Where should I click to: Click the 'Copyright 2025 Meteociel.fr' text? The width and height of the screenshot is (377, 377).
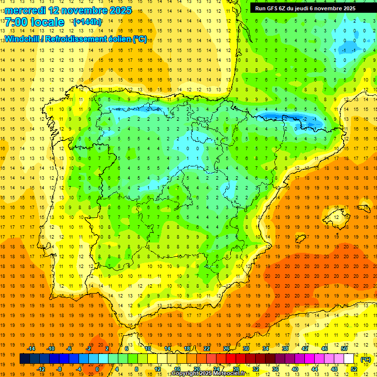click(x=209, y=374)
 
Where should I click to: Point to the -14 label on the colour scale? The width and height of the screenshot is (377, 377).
click(x=31, y=349)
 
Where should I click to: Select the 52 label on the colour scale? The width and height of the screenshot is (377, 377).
click(x=354, y=369)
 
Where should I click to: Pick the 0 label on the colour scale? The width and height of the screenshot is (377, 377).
click(x=97, y=369)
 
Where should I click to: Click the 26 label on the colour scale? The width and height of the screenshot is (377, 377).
click(x=226, y=349)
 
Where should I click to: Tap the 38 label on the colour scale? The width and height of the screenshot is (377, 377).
click(x=285, y=349)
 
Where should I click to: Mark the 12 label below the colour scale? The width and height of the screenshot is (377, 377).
click(x=158, y=369)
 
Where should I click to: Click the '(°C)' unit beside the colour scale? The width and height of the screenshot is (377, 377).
click(x=366, y=359)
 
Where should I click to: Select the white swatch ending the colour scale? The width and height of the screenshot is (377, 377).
click(x=349, y=359)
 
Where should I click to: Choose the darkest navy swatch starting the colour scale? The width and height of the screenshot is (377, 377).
click(x=25, y=359)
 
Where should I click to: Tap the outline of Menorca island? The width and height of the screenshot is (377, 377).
click(x=363, y=209)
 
